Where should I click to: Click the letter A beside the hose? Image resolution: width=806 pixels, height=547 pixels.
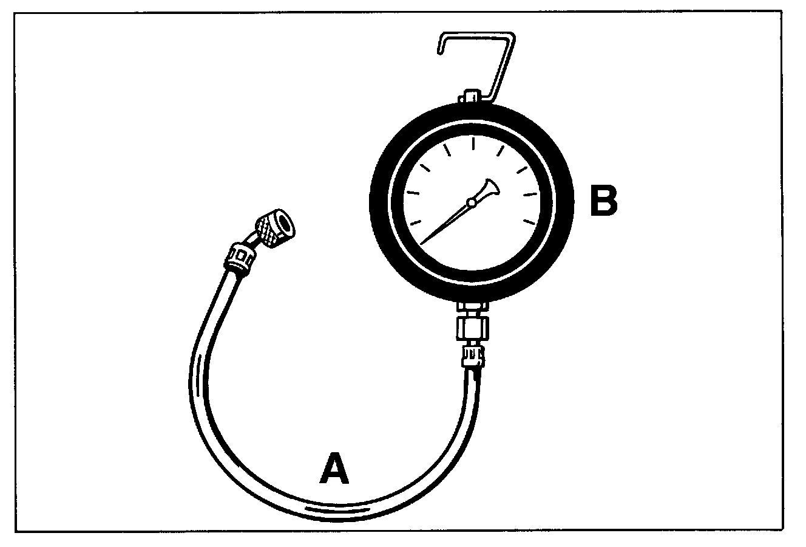point(334,469)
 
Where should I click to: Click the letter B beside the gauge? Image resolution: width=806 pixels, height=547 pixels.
point(603,201)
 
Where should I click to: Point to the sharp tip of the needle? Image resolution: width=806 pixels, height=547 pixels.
point(421,243)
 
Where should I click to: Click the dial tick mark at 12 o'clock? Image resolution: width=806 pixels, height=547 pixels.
point(473,144)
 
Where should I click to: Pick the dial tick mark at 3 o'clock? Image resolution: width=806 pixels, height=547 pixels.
point(531,194)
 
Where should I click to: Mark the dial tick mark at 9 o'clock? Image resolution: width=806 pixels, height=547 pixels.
point(413,193)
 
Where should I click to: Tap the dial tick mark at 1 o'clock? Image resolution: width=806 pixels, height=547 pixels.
point(501,151)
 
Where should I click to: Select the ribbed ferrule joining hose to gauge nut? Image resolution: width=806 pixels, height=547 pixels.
point(473,355)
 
